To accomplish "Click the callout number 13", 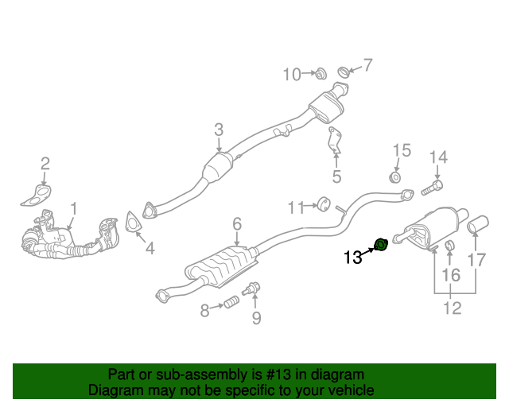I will pyautogui.click(x=352, y=257).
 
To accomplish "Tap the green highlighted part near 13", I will pyautogui.click(x=381, y=243).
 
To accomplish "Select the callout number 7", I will pyautogui.click(x=367, y=65).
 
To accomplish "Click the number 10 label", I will pyautogui.click(x=292, y=75).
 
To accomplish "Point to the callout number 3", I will pyautogui.click(x=219, y=130).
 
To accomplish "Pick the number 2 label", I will pyautogui.click(x=45, y=164).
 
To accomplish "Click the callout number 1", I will pyautogui.click(x=74, y=209).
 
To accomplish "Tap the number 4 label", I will pyautogui.click(x=150, y=249).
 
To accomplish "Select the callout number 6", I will pyautogui.click(x=237, y=225).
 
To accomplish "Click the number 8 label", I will pyautogui.click(x=204, y=311).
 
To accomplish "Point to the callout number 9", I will pyautogui.click(x=256, y=319).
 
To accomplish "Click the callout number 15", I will pyautogui.click(x=402, y=151).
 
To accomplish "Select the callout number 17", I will pyautogui.click(x=476, y=259).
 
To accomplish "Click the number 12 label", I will pyautogui.click(x=452, y=308).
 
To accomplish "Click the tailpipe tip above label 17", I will pyautogui.click(x=480, y=224).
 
